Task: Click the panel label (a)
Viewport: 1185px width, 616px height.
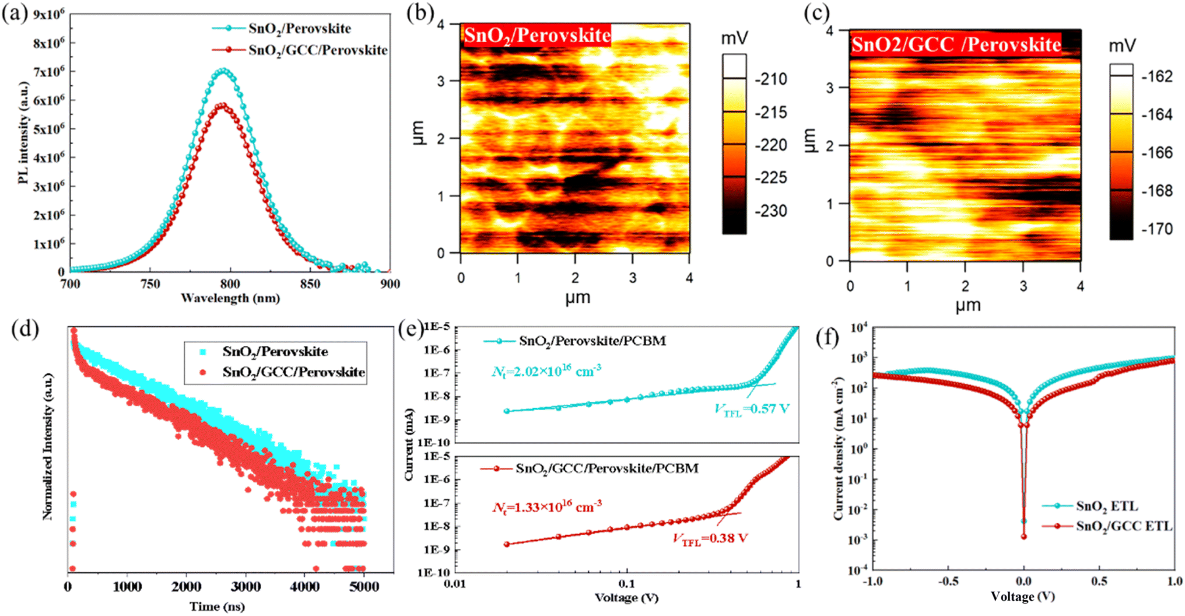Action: tap(15, 13)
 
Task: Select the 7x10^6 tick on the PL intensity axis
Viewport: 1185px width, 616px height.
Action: tap(48, 71)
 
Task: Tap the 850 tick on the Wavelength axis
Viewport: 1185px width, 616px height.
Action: tap(310, 284)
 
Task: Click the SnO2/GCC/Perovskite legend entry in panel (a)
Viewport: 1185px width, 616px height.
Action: tap(317, 50)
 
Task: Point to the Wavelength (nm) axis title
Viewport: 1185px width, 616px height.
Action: tap(230, 298)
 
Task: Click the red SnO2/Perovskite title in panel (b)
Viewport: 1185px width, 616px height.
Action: tap(537, 36)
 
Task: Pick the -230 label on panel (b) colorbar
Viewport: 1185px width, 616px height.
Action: tap(770, 211)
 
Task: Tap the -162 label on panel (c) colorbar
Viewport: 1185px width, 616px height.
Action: tap(1156, 76)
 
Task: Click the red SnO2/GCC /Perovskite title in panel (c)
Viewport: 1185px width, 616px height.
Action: tap(955, 45)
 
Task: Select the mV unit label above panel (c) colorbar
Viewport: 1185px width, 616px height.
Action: tap(1123, 46)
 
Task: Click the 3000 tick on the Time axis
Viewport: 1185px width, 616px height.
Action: tap(246, 586)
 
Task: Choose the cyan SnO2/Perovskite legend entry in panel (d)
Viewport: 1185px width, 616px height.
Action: tap(275, 351)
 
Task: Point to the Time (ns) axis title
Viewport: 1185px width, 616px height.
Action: tap(216, 607)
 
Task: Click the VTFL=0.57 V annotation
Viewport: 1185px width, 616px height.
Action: tap(752, 409)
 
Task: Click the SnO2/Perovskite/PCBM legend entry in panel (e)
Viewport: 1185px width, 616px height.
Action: tap(592, 341)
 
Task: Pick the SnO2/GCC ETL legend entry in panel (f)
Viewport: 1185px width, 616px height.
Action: tap(1123, 526)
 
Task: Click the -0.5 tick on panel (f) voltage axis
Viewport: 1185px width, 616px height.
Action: tap(947, 581)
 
